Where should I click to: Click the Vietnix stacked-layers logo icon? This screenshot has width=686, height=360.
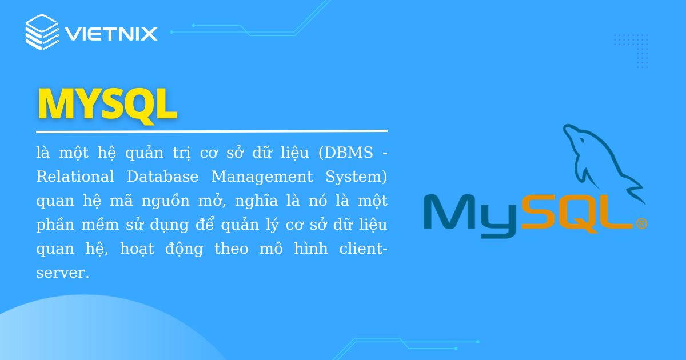(x=42, y=33)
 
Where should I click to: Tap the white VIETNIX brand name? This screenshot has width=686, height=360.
(x=111, y=34)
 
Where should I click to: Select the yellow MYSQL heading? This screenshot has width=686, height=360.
(x=107, y=104)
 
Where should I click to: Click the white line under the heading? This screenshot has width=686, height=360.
(x=212, y=131)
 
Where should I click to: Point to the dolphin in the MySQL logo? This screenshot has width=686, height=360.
(x=600, y=160)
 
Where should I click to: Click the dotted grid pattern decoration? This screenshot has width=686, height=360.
(x=631, y=51)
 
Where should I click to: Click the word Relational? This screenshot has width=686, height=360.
(x=75, y=177)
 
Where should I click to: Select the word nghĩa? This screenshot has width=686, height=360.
(x=254, y=202)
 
